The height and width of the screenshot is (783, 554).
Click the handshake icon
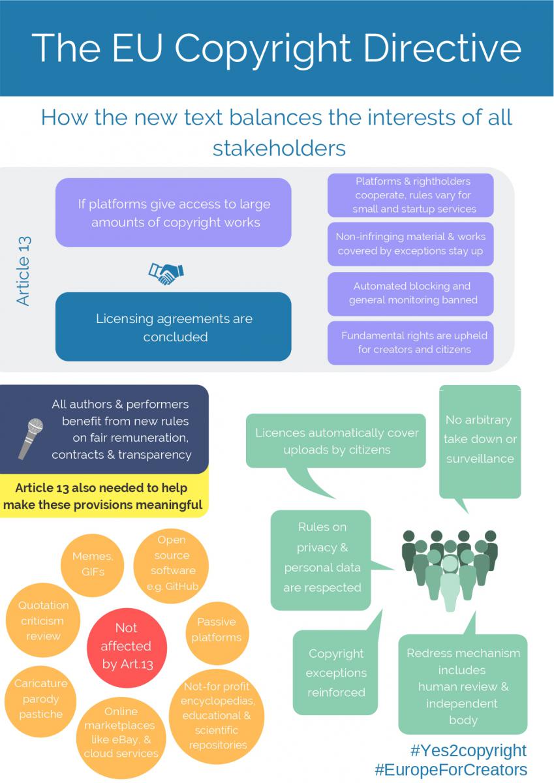click(x=166, y=273)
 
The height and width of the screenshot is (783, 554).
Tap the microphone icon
click(x=31, y=438)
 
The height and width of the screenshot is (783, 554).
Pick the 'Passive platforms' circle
click(x=217, y=633)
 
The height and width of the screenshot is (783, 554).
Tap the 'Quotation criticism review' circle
click(x=43, y=620)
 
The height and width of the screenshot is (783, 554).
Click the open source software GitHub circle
click(x=171, y=566)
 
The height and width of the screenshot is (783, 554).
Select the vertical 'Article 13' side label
click(x=23, y=271)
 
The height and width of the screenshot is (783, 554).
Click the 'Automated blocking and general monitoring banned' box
click(x=410, y=294)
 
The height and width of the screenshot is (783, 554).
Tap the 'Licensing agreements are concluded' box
click(x=174, y=327)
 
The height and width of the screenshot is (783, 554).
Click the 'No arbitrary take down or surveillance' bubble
click(x=480, y=441)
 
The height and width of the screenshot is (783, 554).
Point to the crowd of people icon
click(x=450, y=570)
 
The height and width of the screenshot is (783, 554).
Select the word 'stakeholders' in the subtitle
click(x=279, y=148)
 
